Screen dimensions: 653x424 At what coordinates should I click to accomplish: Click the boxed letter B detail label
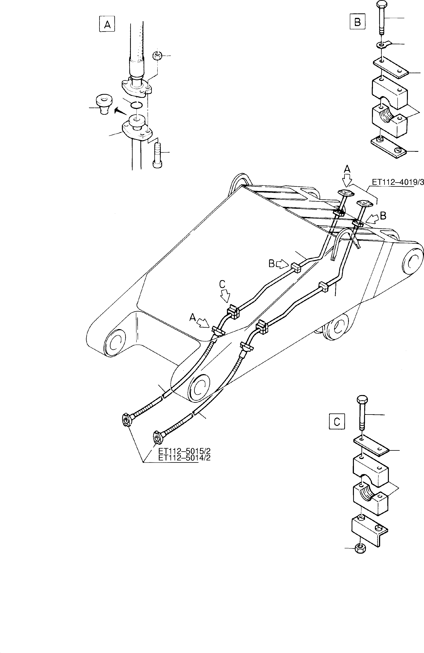click(x=357, y=22)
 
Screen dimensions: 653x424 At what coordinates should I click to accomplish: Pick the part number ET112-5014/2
click(x=184, y=458)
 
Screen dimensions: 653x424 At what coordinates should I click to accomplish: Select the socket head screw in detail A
click(x=157, y=155)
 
